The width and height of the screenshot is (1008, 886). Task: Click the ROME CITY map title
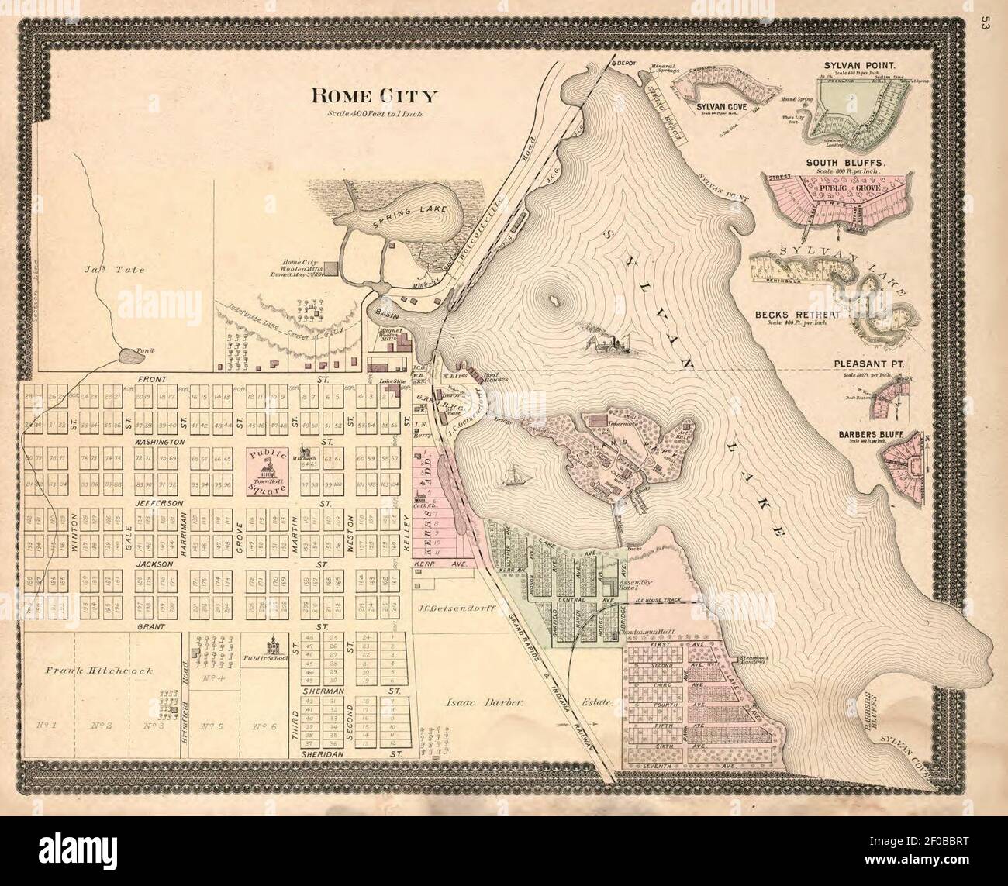coord(375,96)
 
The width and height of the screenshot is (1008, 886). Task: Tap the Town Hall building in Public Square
coord(268,466)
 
